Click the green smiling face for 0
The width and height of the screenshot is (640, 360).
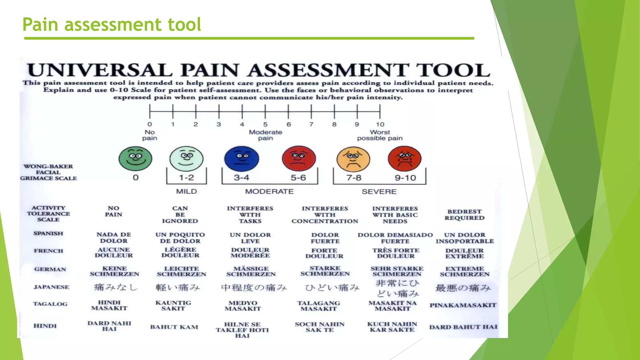[135, 158]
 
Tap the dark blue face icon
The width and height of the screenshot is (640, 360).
[242, 158]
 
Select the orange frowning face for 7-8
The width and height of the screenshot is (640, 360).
[353, 159]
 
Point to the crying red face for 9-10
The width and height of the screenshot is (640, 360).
[404, 158]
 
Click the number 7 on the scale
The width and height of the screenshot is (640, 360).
[311, 124]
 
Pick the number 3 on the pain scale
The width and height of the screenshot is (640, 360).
[219, 124]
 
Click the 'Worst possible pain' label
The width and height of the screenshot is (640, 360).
[380, 135]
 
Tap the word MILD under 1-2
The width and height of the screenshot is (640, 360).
[187, 191]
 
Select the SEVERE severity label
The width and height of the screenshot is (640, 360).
[379, 192]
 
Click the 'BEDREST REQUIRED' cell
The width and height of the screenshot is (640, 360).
[464, 215]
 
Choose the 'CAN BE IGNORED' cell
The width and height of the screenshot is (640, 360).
[180, 215]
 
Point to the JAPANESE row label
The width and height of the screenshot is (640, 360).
[51, 287]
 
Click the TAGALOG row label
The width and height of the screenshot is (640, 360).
[50, 304]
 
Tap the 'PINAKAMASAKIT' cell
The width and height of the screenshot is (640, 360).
[463, 305]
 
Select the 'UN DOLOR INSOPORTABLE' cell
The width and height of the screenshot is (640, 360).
[465, 238]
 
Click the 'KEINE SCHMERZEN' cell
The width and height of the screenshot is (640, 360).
[114, 271]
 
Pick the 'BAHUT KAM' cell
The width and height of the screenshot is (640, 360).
[174, 327]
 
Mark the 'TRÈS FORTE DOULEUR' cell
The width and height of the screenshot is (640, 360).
[396, 253]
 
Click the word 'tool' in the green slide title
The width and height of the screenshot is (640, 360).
[184, 24]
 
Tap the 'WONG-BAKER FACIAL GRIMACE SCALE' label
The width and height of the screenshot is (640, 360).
[48, 172]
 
